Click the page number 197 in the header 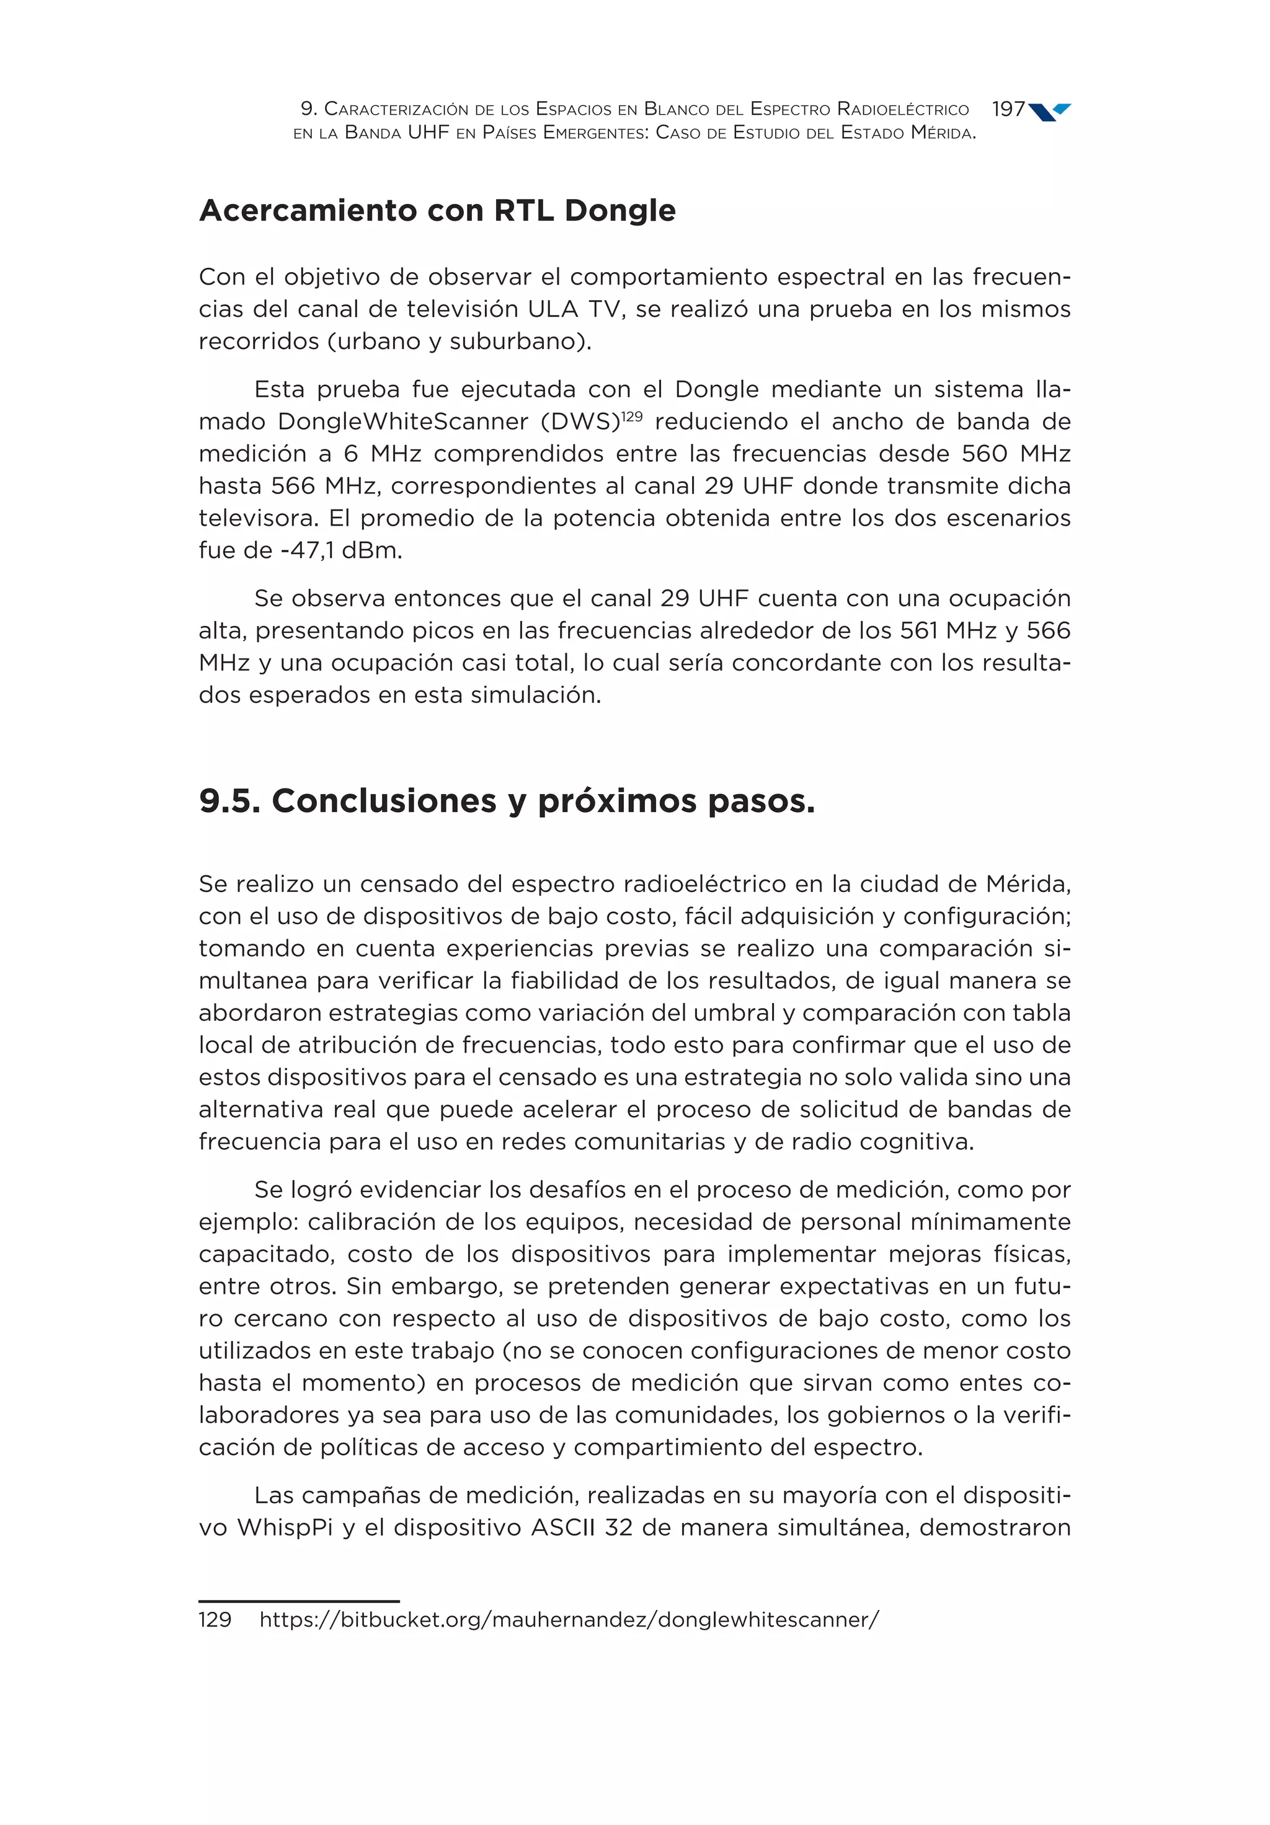point(1008,109)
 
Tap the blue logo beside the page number point(1050,112)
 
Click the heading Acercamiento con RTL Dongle point(437,211)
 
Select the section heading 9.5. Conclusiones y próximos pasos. point(507,800)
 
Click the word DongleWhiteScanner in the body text point(402,422)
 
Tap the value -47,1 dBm point(341,550)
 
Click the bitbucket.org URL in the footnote point(569,1619)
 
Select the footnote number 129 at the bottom point(215,1619)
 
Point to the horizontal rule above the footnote point(298,1601)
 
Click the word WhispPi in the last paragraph point(285,1527)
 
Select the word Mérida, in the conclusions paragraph point(1028,884)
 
